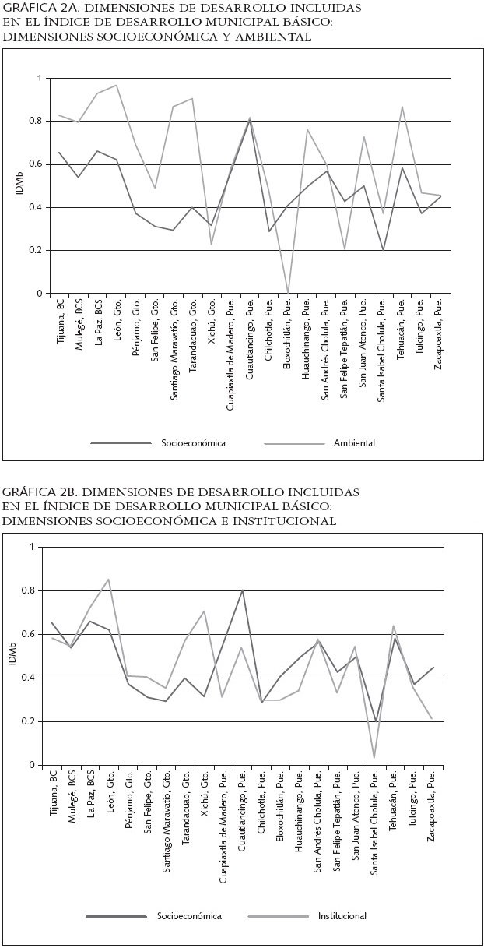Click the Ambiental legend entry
354,443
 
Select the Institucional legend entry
342,916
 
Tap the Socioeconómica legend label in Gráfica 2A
193,443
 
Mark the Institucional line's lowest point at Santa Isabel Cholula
374,757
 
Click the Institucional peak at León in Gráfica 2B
109,580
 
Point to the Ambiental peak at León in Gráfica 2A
117,85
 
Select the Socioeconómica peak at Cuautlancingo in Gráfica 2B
242,590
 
